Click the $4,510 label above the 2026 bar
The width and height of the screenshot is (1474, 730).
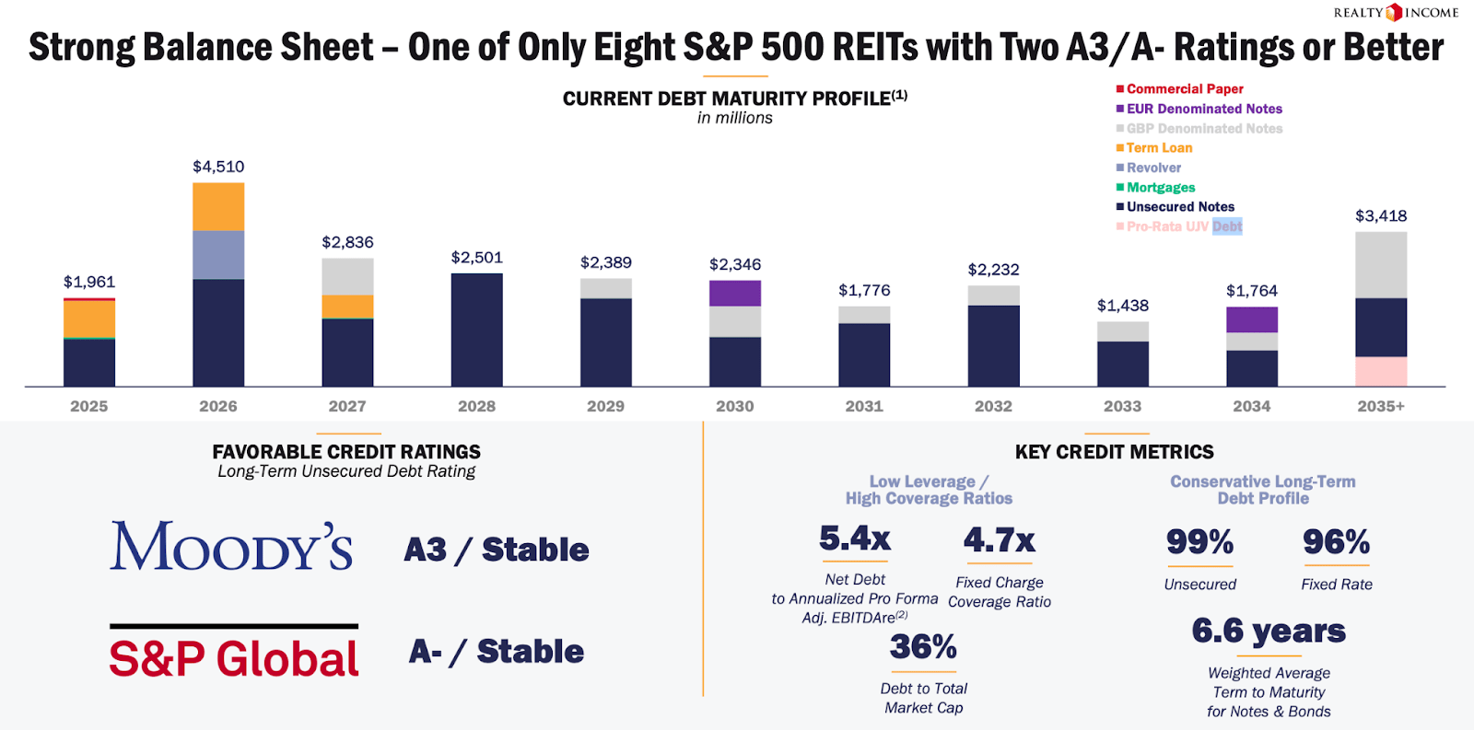tap(218, 167)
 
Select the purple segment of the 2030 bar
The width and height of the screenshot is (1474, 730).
tap(735, 293)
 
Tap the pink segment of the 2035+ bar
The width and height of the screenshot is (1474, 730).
tap(1381, 371)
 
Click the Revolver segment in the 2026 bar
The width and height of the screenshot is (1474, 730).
tap(218, 255)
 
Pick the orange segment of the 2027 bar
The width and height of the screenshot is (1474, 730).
tap(347, 307)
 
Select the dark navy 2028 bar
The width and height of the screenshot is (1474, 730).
tap(476, 330)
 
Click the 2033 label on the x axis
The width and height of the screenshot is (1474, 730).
tap(1122, 406)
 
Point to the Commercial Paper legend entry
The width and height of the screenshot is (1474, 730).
tap(1184, 89)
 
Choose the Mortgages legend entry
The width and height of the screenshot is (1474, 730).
tap(1160, 187)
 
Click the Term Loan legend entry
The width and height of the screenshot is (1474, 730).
tap(1158, 148)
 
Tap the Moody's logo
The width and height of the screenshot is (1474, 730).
tap(231, 547)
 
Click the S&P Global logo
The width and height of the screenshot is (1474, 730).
tap(234, 655)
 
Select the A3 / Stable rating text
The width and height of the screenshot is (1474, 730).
tap(497, 550)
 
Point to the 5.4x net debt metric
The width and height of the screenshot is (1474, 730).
tap(855, 539)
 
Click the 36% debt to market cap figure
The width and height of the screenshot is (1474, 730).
tap(923, 647)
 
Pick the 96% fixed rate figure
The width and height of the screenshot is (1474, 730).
tap(1336, 542)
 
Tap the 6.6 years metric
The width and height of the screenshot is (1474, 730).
tap(1269, 632)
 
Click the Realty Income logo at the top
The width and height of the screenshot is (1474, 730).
tap(1396, 12)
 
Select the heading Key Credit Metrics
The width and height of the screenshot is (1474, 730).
tap(1114, 452)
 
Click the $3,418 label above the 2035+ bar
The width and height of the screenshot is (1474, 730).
tap(1380, 216)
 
